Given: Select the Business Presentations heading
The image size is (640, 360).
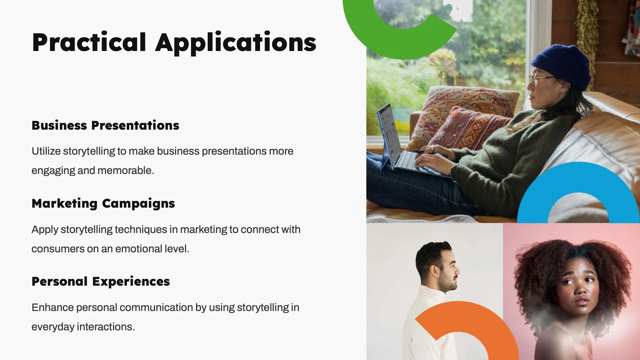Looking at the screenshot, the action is [105, 125].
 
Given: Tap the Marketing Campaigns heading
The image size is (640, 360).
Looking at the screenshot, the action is [103, 204].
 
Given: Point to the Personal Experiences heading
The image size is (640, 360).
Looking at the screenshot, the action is [101, 282].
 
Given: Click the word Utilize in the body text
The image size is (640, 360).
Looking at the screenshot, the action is [46, 151].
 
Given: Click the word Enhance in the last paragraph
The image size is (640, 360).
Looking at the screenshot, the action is [52, 307].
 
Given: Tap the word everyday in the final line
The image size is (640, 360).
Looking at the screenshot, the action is [53, 327].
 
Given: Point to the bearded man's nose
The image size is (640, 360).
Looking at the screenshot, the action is [457, 270].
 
